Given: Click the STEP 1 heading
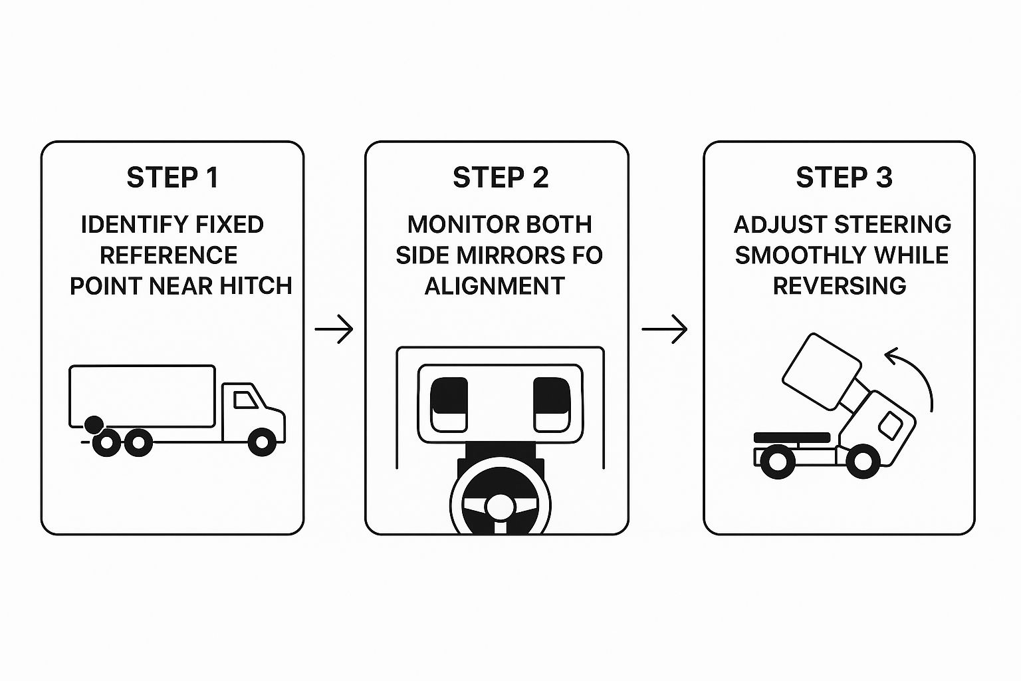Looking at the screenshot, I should tap(172, 178).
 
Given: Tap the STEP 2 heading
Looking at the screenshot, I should tap(501, 178).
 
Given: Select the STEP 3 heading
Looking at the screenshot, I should tap(844, 178).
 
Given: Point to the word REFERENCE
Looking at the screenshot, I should tap(168, 255).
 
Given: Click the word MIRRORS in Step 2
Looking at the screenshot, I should tap(499, 255).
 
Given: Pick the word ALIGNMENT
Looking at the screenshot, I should tap(495, 286).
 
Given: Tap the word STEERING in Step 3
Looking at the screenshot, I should tap(893, 225).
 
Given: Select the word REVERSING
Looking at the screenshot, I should tap(840, 286).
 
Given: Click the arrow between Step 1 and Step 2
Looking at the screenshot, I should tap(334, 329).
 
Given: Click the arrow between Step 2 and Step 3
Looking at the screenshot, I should tap(664, 329).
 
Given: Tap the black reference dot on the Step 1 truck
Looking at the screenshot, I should tap(94, 424).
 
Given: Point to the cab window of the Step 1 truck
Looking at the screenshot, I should tap(245, 400).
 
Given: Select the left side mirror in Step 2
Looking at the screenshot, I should tap(449, 405).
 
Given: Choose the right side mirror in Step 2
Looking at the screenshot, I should tap(551, 405).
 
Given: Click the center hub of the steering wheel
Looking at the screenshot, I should tap(499, 507).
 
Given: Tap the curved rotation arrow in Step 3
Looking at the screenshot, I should tap(914, 372).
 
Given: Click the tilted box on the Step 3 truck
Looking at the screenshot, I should tap(822, 370).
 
